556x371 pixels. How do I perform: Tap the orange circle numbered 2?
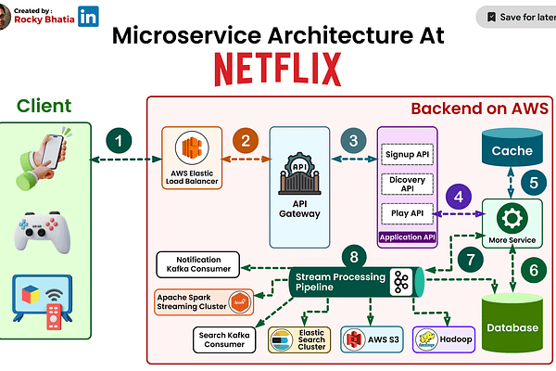246,141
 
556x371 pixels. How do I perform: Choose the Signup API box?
409,154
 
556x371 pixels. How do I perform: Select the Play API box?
409,214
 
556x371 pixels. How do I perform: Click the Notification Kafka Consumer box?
198,262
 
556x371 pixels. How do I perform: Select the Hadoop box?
444,339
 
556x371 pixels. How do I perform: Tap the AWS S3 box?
371,339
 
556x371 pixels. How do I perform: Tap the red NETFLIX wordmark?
277,68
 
